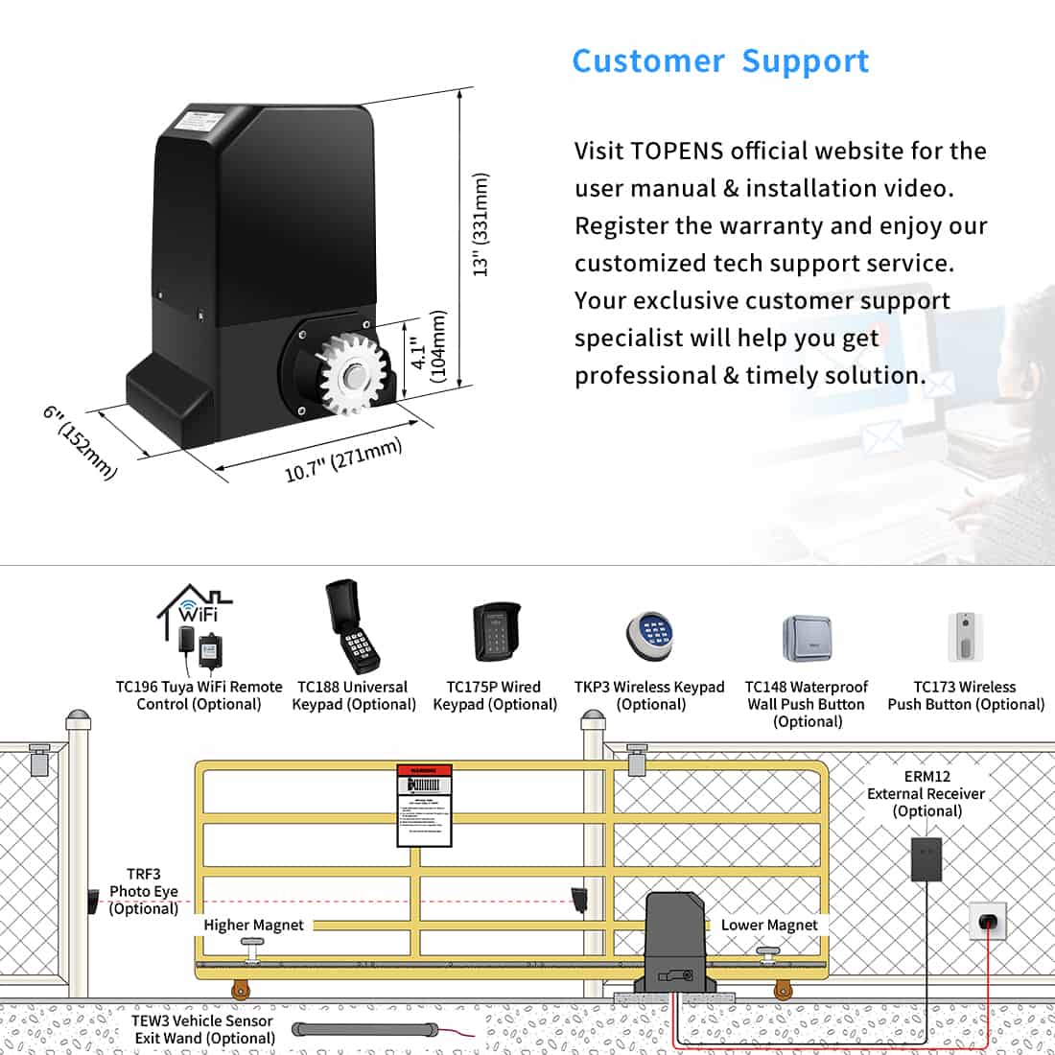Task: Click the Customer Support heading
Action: (x=720, y=60)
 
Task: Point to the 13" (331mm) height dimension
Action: (x=481, y=225)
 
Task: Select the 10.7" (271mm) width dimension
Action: (x=343, y=460)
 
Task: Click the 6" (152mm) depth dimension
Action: (x=80, y=442)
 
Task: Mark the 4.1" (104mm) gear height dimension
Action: (x=427, y=346)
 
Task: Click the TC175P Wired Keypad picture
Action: (x=496, y=633)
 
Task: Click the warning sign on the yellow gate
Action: (x=424, y=806)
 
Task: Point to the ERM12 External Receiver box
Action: (x=926, y=859)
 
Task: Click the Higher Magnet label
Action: (x=253, y=926)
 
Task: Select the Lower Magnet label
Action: (x=769, y=926)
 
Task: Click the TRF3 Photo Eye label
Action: (x=144, y=891)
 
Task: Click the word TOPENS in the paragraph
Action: (x=677, y=152)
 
